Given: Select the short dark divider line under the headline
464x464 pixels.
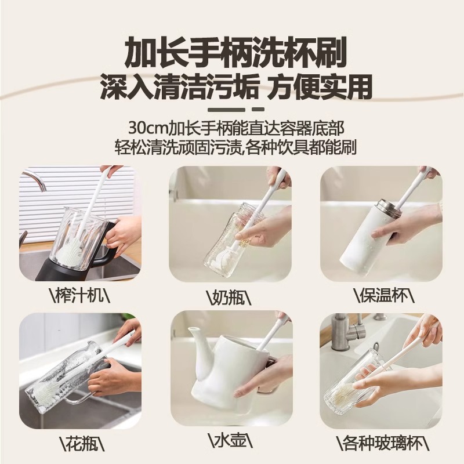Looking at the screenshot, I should coord(232,108).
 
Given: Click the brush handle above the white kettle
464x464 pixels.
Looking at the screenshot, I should coord(273,331).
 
